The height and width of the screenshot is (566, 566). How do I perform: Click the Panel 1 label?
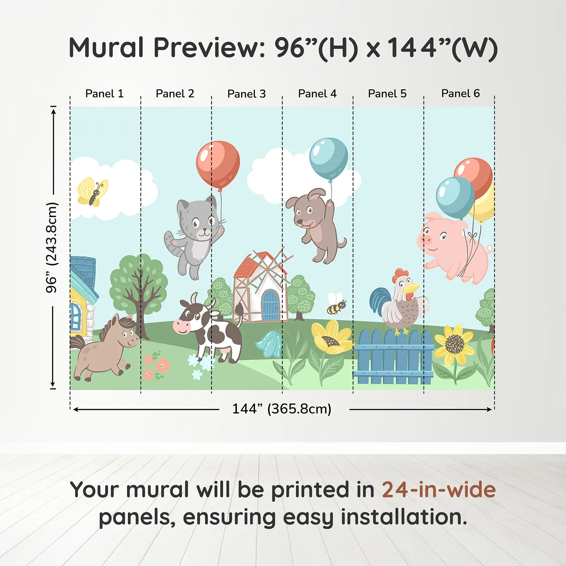coord(104,93)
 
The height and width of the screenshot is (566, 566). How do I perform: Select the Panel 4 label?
coord(317,93)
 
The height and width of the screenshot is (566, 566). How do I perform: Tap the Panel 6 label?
coord(460,93)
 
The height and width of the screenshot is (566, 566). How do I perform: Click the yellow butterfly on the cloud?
coord(93,192)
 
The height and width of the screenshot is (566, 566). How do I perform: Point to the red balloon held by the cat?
coord(218,164)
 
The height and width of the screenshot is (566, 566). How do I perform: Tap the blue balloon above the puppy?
coord(328,158)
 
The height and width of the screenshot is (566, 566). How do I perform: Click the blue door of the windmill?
coord(270,306)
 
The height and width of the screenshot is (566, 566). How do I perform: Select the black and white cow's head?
coord(190,317)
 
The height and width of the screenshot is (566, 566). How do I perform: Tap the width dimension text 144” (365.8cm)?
coord(281,409)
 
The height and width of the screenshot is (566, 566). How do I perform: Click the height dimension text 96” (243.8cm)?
coord(52,247)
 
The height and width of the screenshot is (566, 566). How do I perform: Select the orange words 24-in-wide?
coord(439,490)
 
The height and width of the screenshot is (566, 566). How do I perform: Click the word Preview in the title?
coord(209,48)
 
